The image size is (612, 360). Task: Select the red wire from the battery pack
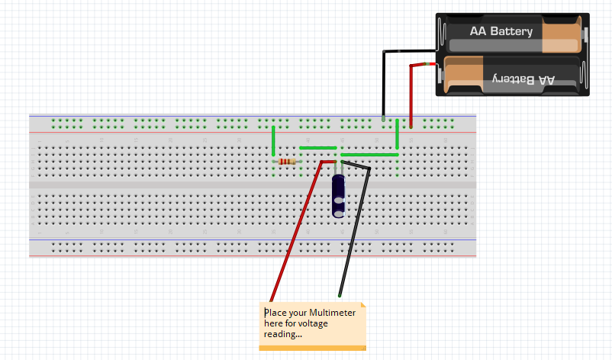click(411, 92)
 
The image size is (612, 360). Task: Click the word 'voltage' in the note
click(333, 323)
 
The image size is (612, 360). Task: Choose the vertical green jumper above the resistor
click(273, 142)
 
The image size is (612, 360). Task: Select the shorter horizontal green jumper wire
click(317, 148)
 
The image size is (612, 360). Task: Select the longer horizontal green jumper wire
click(369, 155)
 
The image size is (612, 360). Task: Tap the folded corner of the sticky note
click(362, 307)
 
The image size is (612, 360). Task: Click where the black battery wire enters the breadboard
click(383, 119)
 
